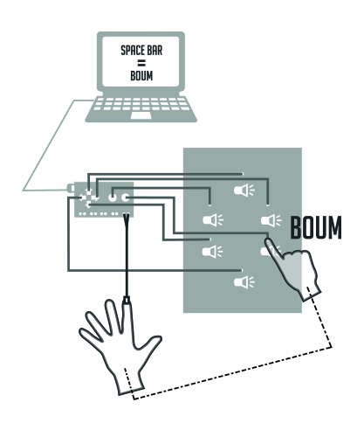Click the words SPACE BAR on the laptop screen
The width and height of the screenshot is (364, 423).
tap(141, 50)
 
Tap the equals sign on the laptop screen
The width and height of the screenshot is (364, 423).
tap(141, 63)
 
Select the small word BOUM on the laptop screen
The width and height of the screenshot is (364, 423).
tap(141, 76)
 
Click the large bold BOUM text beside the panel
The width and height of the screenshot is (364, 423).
tap(316, 228)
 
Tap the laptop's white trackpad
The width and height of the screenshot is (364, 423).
tap(141, 115)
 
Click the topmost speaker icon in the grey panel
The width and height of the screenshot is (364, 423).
tap(244, 191)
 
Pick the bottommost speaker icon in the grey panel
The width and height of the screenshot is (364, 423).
tap(244, 282)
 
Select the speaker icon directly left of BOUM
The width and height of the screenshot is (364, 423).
tap(271, 220)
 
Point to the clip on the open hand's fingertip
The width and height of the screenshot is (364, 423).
tap(127, 300)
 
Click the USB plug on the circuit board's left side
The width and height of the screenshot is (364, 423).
tap(71, 188)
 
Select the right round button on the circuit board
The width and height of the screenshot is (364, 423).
tap(125, 198)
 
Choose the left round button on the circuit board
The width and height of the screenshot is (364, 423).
tap(113, 198)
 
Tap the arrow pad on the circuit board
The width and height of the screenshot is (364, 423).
tap(89, 198)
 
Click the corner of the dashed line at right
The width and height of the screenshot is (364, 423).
tap(332, 347)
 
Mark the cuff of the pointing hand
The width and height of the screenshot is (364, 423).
tap(312, 294)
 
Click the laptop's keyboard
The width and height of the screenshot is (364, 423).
tap(141, 104)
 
